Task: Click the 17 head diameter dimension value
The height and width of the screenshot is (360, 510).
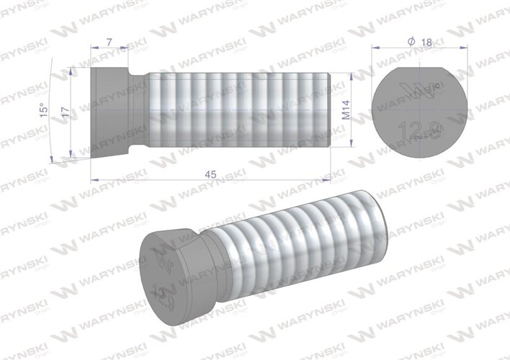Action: pos(66,112)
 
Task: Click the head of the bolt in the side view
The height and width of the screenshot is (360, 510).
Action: pos(108,112)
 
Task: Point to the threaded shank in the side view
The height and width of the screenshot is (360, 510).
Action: pos(238,112)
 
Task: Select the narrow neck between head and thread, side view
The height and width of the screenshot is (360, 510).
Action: pos(138,112)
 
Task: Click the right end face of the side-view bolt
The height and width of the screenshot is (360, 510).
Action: pos(328,112)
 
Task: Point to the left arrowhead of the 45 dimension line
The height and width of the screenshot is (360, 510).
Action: pos(94,179)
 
